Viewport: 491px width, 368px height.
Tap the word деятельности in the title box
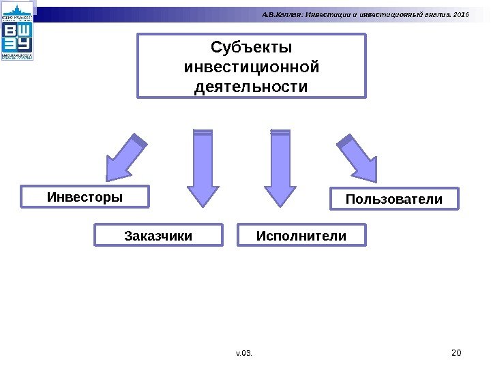coord(252,88)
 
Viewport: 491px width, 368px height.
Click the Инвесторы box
coord(85,197)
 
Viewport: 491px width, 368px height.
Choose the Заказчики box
coord(158,236)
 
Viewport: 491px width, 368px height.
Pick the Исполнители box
coord(301,236)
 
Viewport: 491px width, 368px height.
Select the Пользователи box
coord(394,199)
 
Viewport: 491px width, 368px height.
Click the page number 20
coord(457,352)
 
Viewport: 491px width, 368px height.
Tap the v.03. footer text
coord(244,353)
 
